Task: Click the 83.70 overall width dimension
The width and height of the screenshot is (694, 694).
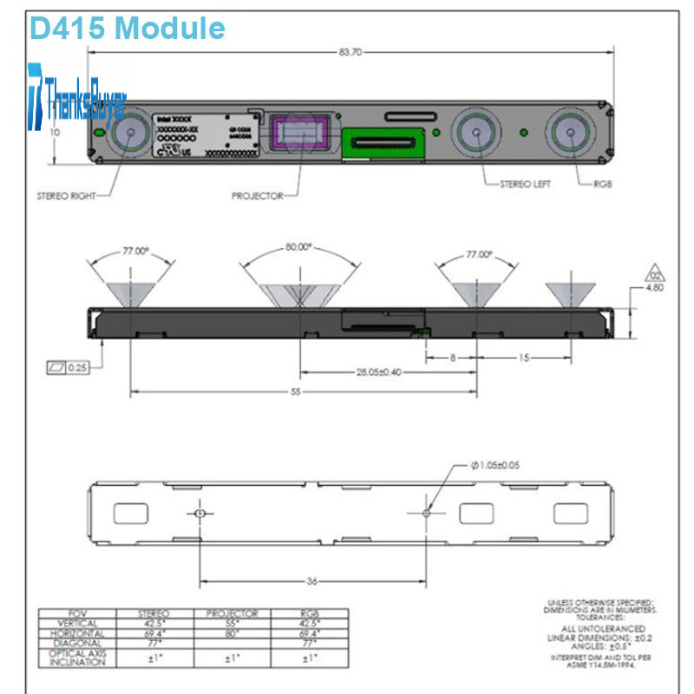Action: pyautogui.click(x=350, y=53)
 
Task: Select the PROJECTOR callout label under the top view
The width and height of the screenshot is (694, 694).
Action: pyautogui.click(x=258, y=196)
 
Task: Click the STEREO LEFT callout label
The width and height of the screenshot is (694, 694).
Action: pyautogui.click(x=526, y=184)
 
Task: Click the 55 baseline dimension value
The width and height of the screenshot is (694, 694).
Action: pyautogui.click(x=295, y=392)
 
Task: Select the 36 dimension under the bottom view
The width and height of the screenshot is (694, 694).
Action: pyautogui.click(x=311, y=581)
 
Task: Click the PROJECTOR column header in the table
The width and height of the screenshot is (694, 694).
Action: pyautogui.click(x=232, y=613)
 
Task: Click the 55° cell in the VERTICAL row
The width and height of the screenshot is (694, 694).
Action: pyautogui.click(x=232, y=624)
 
